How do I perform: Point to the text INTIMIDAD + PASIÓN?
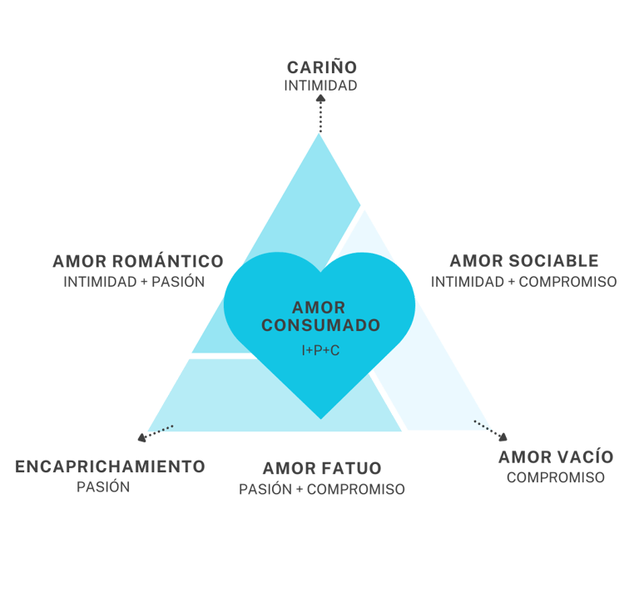point(134,282)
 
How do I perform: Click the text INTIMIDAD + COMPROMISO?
point(524,282)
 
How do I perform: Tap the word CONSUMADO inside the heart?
point(320,325)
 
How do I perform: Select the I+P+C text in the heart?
point(320,351)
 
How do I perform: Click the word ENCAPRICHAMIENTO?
point(110,466)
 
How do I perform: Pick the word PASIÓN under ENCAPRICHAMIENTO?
point(104,487)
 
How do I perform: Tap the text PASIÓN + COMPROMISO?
point(322,490)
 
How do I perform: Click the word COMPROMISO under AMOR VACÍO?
point(555,478)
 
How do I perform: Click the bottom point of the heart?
point(320,417)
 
